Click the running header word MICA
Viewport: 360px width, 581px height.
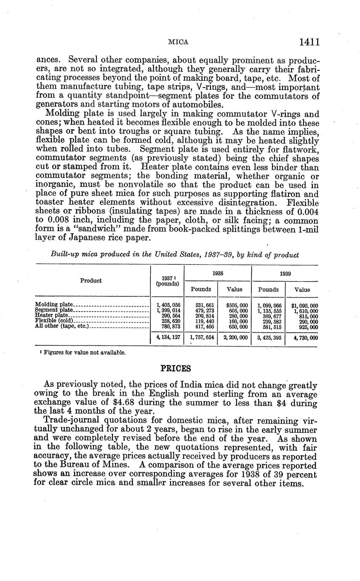click(178, 43)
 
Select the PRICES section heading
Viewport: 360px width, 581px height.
click(176, 368)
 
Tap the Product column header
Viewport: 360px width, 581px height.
click(91, 280)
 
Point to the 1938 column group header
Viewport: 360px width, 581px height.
click(218, 273)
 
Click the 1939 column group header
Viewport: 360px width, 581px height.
click(285, 273)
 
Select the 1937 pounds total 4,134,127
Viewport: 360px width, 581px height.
click(168, 338)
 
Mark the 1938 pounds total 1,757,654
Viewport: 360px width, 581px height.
click(201, 338)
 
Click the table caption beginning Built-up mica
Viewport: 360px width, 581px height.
click(175, 255)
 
